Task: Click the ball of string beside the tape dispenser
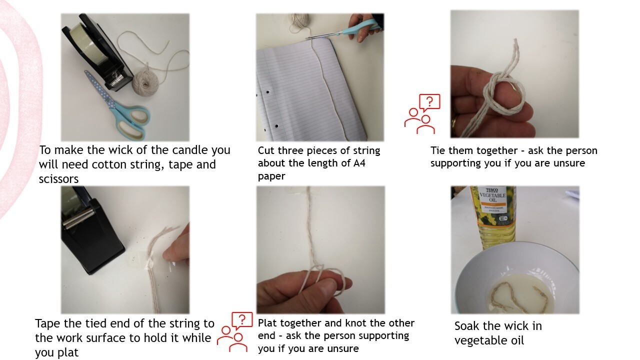tap(145, 82)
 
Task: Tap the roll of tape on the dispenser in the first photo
tap(85, 43)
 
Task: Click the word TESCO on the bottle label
tap(492, 190)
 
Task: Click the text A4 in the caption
tap(359, 163)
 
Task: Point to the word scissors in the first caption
tap(58, 179)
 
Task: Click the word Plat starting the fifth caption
tap(267, 323)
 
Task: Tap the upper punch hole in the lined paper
tap(267, 92)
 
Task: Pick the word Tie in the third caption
tap(438, 150)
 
